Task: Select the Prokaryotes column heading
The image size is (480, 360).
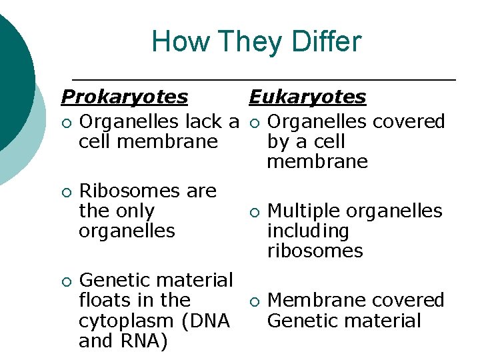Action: [x=124, y=97]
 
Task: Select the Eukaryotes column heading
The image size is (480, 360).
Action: [x=307, y=97]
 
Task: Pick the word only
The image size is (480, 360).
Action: [x=135, y=211]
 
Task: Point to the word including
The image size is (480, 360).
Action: [x=307, y=231]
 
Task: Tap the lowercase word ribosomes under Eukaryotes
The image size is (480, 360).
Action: [x=315, y=251]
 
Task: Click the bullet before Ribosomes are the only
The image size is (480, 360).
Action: [x=64, y=192]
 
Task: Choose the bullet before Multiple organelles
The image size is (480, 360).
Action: [x=253, y=212]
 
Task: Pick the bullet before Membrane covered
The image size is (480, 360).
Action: [x=253, y=301]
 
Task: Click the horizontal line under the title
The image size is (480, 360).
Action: [x=263, y=80]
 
